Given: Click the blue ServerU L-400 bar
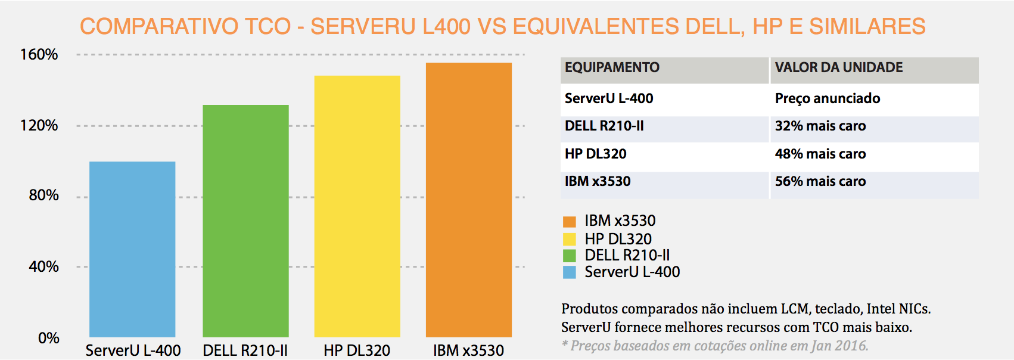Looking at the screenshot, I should pyautogui.click(x=132, y=249).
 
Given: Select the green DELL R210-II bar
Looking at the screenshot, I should pyautogui.click(x=245, y=221).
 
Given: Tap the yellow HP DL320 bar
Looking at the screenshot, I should pyautogui.click(x=357, y=206).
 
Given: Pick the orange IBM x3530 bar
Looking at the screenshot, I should pyautogui.click(x=468, y=200).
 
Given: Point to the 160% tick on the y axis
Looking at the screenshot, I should pyautogui.click(x=39, y=55).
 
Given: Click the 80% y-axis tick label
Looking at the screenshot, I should pyautogui.click(x=43, y=195).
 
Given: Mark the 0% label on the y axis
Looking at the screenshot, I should pyautogui.click(x=48, y=339).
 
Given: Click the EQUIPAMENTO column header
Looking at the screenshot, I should pyautogui.click(x=612, y=67).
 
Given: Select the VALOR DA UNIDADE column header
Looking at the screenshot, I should pyautogui.click(x=838, y=67).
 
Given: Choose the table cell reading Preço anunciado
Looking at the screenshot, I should pyautogui.click(x=827, y=98).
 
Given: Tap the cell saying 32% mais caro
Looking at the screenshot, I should pyautogui.click(x=820, y=126).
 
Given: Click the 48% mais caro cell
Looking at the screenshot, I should pyautogui.click(x=820, y=154).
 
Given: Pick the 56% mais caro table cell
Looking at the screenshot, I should pyautogui.click(x=820, y=182).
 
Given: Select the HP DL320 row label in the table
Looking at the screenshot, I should pyautogui.click(x=595, y=154).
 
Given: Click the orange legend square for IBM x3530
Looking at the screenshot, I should pyautogui.click(x=570, y=222).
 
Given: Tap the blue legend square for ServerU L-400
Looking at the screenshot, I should pyautogui.click(x=570, y=272).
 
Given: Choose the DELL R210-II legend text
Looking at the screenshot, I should pyautogui.click(x=627, y=256).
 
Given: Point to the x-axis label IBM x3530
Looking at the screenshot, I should pyautogui.click(x=468, y=350).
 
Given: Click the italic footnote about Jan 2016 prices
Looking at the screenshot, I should pyautogui.click(x=715, y=346).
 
